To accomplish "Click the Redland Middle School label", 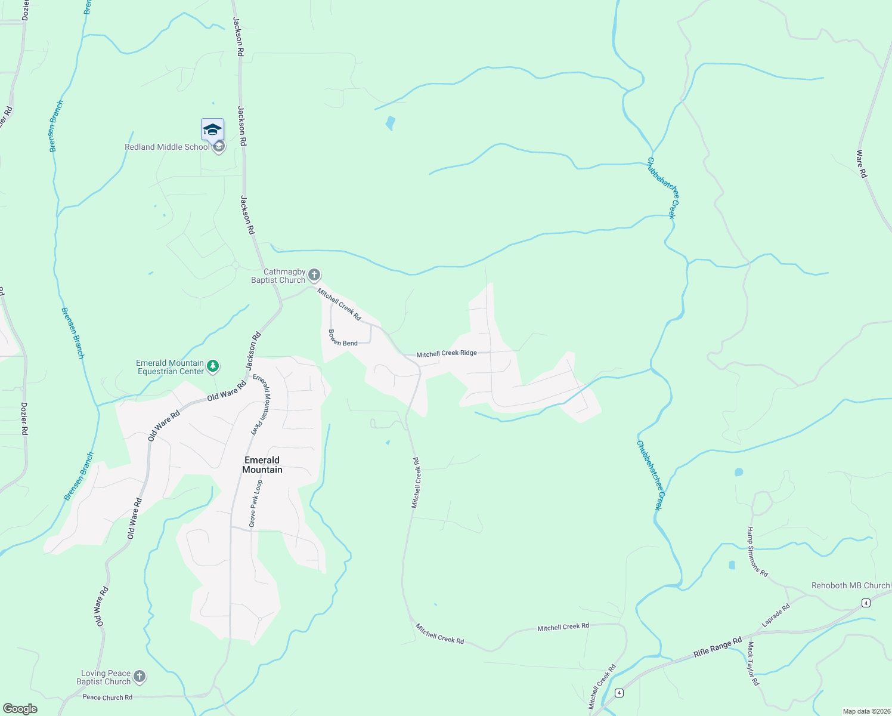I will [x=167, y=147].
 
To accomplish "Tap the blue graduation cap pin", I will [x=212, y=129].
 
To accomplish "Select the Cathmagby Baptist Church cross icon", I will [x=314, y=275].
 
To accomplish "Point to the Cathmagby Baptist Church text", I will [x=278, y=276].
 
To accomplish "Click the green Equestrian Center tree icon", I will [x=213, y=366].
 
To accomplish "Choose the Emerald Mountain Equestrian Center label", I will [x=170, y=367].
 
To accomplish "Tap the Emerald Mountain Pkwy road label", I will [x=261, y=406].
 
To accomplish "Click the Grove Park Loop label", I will [x=255, y=503].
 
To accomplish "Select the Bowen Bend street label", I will [x=343, y=339].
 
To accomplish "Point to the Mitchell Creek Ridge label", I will [x=447, y=353].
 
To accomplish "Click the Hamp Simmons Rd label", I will [x=757, y=552].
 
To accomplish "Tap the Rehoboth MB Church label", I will [x=850, y=585].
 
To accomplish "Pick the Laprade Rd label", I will [x=776, y=615].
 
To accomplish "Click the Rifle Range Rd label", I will [x=717, y=647].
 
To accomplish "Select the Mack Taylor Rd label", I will [x=753, y=663].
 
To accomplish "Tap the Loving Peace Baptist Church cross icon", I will [x=139, y=677].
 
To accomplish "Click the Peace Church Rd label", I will [x=107, y=697].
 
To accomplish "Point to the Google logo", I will [x=20, y=708].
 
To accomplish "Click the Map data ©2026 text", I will [x=866, y=711].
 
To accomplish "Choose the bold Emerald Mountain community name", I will [x=262, y=465].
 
